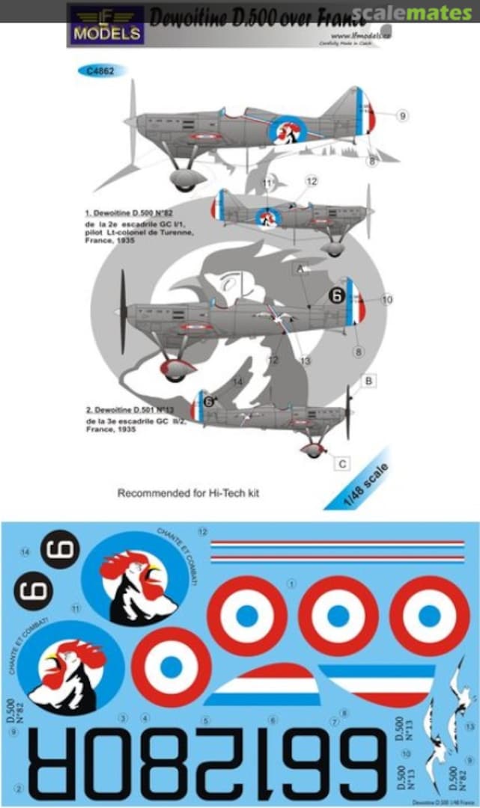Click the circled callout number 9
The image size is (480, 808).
point(403,115)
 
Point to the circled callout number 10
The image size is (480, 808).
point(386,300)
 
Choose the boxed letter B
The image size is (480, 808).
point(368,382)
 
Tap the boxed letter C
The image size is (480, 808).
point(341,464)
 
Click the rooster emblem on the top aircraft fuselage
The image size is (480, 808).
point(285,130)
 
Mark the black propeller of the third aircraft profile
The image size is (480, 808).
point(123,312)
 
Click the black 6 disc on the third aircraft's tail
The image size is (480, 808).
point(337,296)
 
